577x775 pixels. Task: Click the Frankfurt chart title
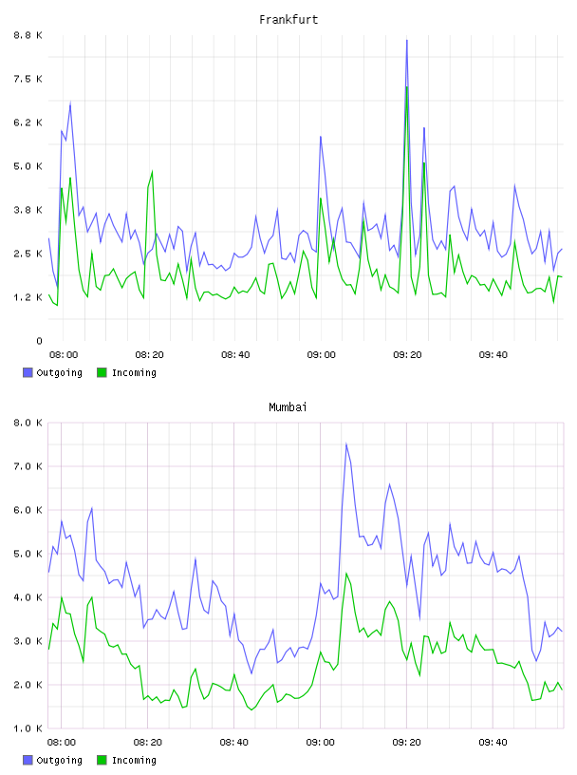pyautogui.click(x=288, y=20)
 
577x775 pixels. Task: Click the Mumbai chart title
pyautogui.click(x=288, y=407)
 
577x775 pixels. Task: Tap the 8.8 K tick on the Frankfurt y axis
pyautogui.click(x=28, y=35)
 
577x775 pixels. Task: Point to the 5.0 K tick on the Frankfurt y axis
pyautogui.click(x=28, y=166)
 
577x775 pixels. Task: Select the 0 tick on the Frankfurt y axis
pyautogui.click(x=40, y=341)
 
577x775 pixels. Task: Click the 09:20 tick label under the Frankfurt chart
pyautogui.click(x=407, y=355)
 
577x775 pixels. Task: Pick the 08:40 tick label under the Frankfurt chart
pyautogui.click(x=235, y=355)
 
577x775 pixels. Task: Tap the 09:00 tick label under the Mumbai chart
pyautogui.click(x=320, y=743)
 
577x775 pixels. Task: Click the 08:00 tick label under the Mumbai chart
pyautogui.click(x=62, y=743)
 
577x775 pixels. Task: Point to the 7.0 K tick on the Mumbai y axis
pyautogui.click(x=28, y=466)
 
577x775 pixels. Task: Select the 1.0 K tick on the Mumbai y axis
pyautogui.click(x=28, y=728)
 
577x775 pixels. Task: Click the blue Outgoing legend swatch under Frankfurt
pyautogui.click(x=28, y=372)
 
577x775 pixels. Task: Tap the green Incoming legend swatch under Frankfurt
pyautogui.click(x=102, y=372)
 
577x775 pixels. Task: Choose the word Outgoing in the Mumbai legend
pyautogui.click(x=59, y=760)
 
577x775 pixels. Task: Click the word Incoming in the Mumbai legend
pyautogui.click(x=134, y=760)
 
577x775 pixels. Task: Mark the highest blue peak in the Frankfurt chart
pyautogui.click(x=406, y=41)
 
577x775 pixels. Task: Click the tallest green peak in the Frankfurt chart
pyautogui.click(x=406, y=87)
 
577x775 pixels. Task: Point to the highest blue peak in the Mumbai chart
pyautogui.click(x=346, y=444)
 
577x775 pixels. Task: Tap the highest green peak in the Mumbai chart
pyautogui.click(x=346, y=574)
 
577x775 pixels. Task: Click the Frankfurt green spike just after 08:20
pyautogui.click(x=152, y=172)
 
